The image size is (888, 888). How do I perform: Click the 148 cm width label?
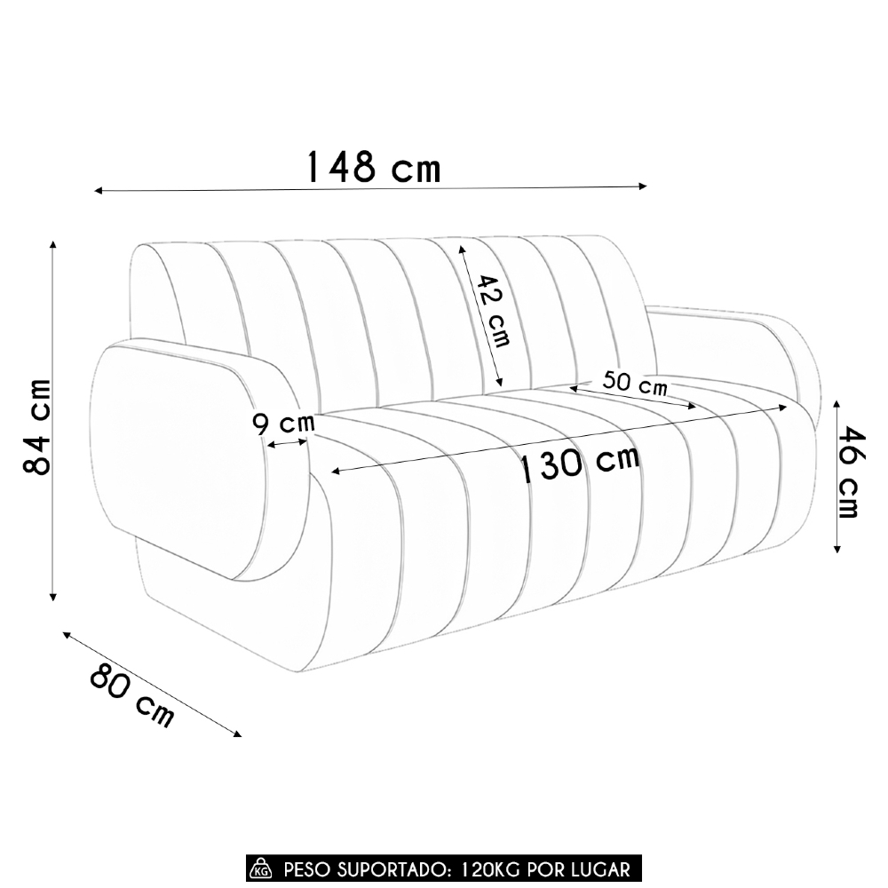pos(373,166)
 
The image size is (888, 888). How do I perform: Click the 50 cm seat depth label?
pos(634,384)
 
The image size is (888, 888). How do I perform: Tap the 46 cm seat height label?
pos(850,472)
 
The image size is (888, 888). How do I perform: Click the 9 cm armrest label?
pos(283,424)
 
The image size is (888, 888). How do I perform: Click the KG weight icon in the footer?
pos(262,868)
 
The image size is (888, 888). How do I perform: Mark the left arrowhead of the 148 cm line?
pos(98,190)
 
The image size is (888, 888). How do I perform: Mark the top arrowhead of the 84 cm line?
pos(54,244)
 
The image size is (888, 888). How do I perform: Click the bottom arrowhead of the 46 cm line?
pos(837,550)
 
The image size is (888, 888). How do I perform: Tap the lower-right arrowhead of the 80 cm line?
pos(237,733)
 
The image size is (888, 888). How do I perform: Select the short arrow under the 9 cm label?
pos(288,443)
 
